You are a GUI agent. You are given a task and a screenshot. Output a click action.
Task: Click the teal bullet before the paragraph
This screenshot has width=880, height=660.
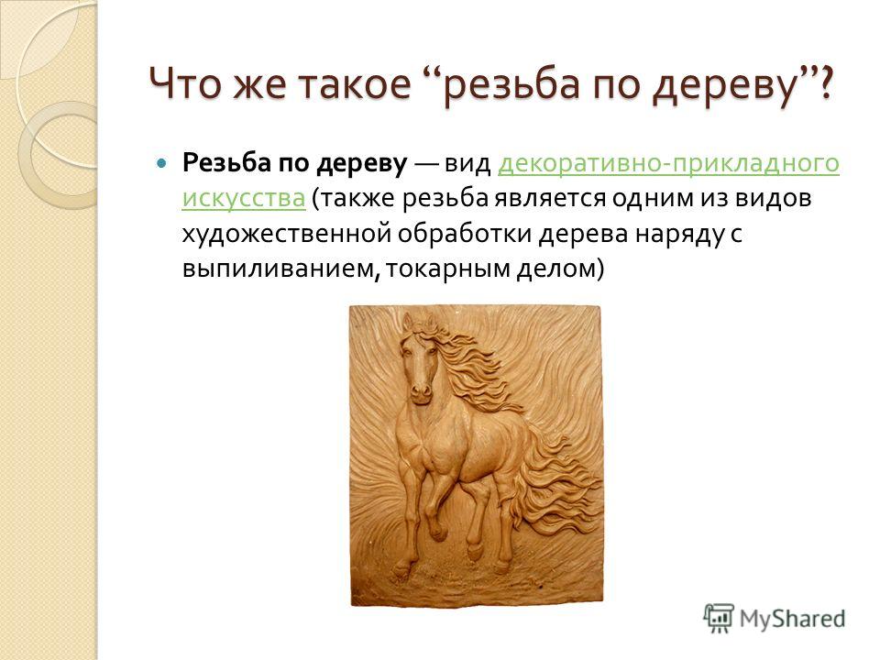pos(161,164)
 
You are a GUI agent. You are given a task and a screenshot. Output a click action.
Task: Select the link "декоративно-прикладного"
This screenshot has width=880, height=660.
pos(668,164)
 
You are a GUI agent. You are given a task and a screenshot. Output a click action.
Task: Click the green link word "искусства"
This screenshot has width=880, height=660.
pos(244,198)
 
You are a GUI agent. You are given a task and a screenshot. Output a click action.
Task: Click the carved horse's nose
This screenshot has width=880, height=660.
pos(421,390)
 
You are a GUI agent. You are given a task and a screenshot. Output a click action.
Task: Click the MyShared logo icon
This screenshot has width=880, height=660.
pos(719,618)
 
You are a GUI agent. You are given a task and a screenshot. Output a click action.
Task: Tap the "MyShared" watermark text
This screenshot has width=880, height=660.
pos(792,619)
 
